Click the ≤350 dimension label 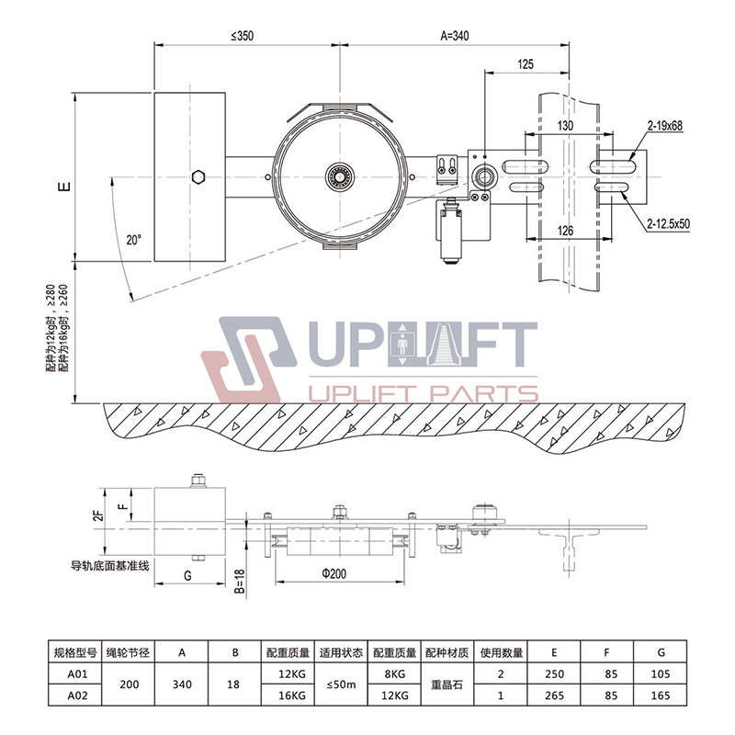pyautogui.click(x=242, y=36)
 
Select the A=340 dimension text pyautogui.click(x=454, y=36)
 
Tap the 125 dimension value pyautogui.click(x=526, y=64)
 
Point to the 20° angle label pyautogui.click(x=133, y=240)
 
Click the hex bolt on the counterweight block pyautogui.click(x=198, y=177)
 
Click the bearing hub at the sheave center pyautogui.click(x=340, y=176)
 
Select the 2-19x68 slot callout pyautogui.click(x=665, y=126)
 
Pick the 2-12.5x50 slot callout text pyautogui.click(x=669, y=223)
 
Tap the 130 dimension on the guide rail pyautogui.click(x=565, y=126)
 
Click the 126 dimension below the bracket pyautogui.click(x=565, y=231)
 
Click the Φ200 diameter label pyautogui.click(x=334, y=573)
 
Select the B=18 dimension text pyautogui.click(x=240, y=582)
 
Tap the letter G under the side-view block pyautogui.click(x=188, y=576)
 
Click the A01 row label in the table pyautogui.click(x=77, y=673)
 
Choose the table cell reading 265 pyautogui.click(x=554, y=695)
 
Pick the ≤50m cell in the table pyautogui.click(x=341, y=684)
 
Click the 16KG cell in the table pyautogui.click(x=292, y=695)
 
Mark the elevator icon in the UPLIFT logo pyautogui.click(x=402, y=345)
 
